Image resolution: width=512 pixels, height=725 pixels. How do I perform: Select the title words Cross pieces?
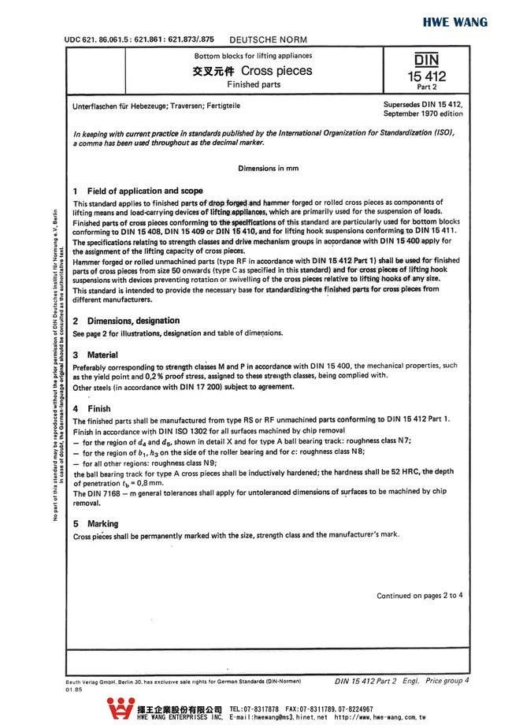pos(260,70)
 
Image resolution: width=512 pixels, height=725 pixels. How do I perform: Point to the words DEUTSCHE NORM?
pos(268,39)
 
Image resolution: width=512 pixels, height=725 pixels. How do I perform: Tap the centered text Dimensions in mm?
pos(268,168)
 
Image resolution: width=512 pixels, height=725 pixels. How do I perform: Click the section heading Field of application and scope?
pos(144,191)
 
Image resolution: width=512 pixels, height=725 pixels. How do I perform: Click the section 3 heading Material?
pos(102,355)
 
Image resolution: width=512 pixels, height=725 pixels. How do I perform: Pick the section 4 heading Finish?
pos(98,409)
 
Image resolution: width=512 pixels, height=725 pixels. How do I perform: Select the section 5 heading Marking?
pos(102,523)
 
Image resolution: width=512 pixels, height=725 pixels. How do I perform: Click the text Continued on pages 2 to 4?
pos(419,595)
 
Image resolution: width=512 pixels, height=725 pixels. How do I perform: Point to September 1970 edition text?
pos(424,113)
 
